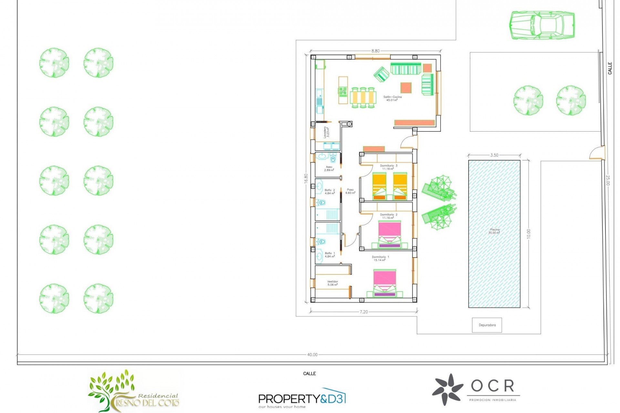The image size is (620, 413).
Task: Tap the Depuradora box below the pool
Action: tap(487, 325)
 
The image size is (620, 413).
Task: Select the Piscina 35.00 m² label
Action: tap(494, 231)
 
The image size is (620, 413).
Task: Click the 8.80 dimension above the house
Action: tap(375, 51)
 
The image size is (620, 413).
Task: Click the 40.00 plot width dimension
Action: tap(312, 355)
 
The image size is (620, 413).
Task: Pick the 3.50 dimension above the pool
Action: tap(494, 155)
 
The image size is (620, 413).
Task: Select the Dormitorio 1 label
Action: tap(380, 258)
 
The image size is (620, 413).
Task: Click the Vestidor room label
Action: tap(332, 283)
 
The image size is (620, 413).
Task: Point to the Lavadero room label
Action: tap(326, 132)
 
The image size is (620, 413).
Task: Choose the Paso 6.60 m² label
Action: tap(350, 191)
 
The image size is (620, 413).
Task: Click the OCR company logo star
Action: tap(448, 389)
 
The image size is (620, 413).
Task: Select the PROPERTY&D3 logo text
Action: tap(302, 399)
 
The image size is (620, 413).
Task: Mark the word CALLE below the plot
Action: tap(309, 374)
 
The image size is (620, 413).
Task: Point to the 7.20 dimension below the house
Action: tap(364, 312)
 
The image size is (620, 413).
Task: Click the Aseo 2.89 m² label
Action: tap(329, 168)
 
